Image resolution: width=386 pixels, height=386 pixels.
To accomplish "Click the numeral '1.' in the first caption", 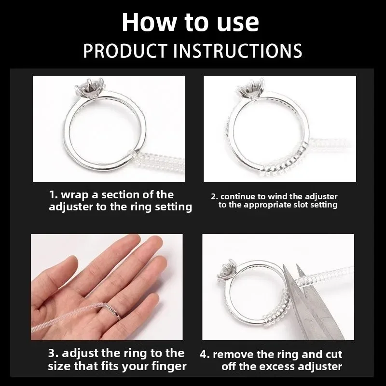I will pos(54,195).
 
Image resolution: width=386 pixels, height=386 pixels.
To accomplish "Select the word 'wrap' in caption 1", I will pos(76,195).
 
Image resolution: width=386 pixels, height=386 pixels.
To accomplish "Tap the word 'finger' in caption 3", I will pos(169,367).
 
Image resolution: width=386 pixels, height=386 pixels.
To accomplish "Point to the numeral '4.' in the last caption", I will pos(205,354).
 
